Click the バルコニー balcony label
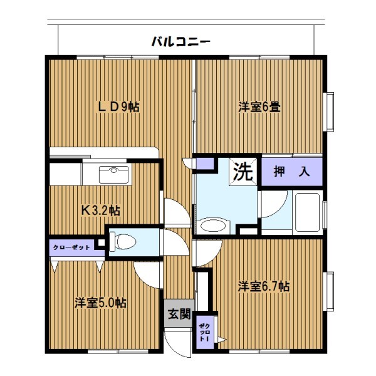click(x=181, y=41)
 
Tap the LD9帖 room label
click(x=119, y=107)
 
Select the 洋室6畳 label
click(x=259, y=107)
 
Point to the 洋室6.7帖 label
click(x=264, y=286)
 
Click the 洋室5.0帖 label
click(x=100, y=303)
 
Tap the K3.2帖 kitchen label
click(x=101, y=211)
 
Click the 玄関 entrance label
click(x=179, y=314)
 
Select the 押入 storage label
click(x=292, y=172)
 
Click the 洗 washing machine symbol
click(x=243, y=172)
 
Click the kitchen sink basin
click(x=113, y=174)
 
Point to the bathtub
click(x=308, y=212)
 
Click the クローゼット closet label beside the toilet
click(x=71, y=248)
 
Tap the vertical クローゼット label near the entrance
click(x=204, y=332)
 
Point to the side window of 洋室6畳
click(x=328, y=112)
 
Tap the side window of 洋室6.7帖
click(x=328, y=291)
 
